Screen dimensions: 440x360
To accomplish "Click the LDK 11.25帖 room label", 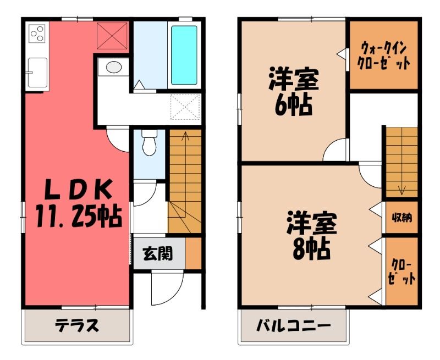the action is pos(79,203).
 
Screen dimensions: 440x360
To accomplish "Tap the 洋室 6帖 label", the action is pos(294,91).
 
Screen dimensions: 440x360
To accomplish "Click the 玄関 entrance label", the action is pos(157,254).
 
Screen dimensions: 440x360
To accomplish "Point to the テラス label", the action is pos(77,325).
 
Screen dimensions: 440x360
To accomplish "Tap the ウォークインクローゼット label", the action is pos(383,56).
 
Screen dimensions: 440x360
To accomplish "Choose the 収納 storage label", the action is pos(402,217).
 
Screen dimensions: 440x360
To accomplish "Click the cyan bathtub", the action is pos(184,55).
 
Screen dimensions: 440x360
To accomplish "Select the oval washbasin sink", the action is pos(114,67).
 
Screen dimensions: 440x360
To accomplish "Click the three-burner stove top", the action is pos(37,34).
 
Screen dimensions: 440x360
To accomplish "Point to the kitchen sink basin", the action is pos(37,73).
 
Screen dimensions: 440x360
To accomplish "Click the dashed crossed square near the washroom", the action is pos(185,107).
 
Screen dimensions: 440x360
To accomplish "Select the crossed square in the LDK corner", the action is pos(113,36).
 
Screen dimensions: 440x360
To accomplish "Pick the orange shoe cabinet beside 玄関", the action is pos(194,253).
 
